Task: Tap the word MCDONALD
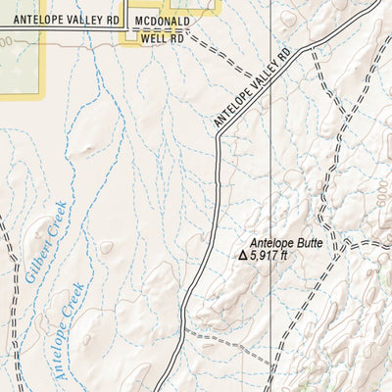[163, 19]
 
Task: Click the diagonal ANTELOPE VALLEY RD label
[253, 87]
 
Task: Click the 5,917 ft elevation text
[269, 255]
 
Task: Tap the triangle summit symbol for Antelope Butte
[244, 255]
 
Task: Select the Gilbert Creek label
[46, 242]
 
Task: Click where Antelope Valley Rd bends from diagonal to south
[220, 139]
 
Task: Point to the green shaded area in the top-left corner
[20, 69]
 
